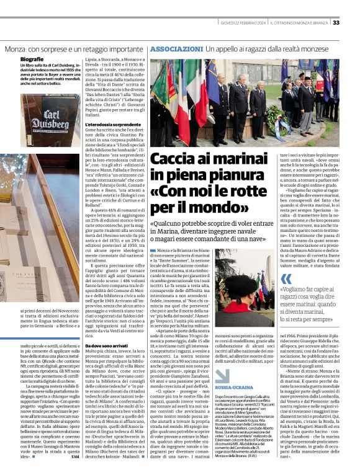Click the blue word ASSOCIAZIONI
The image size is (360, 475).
tap(176, 48)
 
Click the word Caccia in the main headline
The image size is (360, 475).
tap(175, 157)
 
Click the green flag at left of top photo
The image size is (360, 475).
tap(162, 81)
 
